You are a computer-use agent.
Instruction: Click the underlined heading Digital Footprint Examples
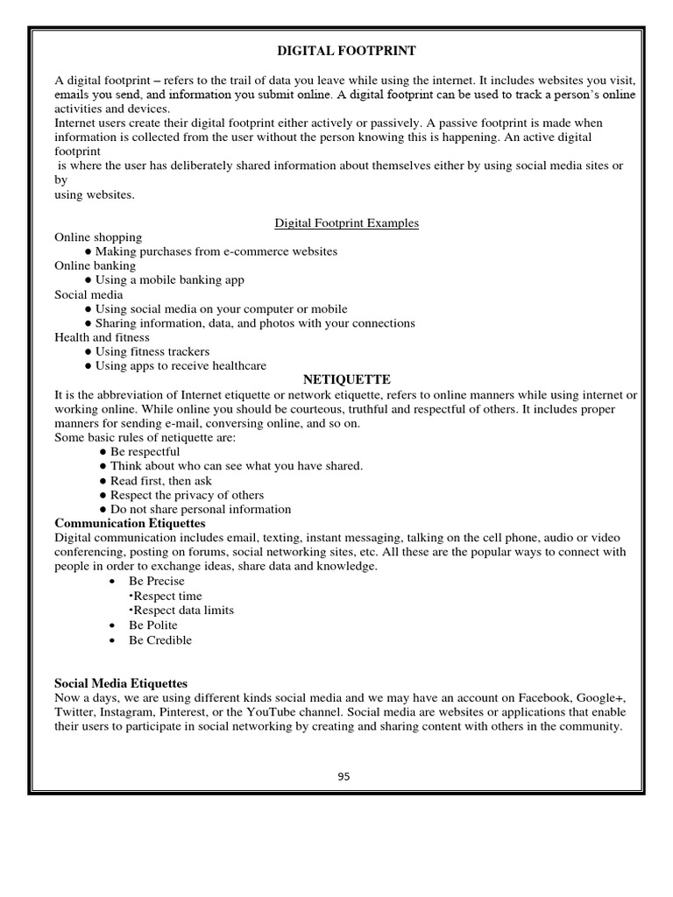346,223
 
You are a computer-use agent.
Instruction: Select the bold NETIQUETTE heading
346,380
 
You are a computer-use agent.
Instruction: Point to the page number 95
344,776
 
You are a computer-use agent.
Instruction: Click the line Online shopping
98,237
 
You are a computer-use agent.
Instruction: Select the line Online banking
96,265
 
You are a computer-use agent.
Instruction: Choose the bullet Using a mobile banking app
169,280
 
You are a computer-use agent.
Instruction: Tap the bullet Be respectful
145,452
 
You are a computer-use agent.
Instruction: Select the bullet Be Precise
156,581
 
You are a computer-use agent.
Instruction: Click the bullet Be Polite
152,625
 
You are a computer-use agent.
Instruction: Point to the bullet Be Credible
159,639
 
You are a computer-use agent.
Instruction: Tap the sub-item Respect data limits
183,610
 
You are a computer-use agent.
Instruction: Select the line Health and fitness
102,337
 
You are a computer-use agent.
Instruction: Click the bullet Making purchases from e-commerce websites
216,251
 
